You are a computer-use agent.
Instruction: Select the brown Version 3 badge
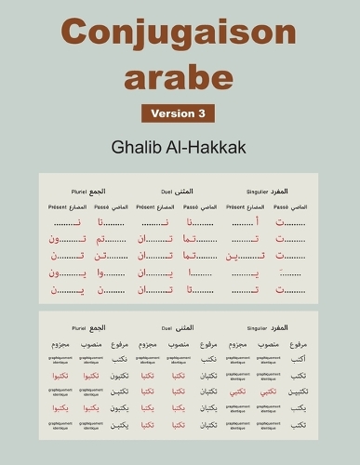tap(178, 113)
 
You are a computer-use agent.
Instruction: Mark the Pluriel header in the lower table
tap(73, 328)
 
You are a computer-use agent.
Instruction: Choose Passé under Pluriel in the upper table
tap(102, 206)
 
